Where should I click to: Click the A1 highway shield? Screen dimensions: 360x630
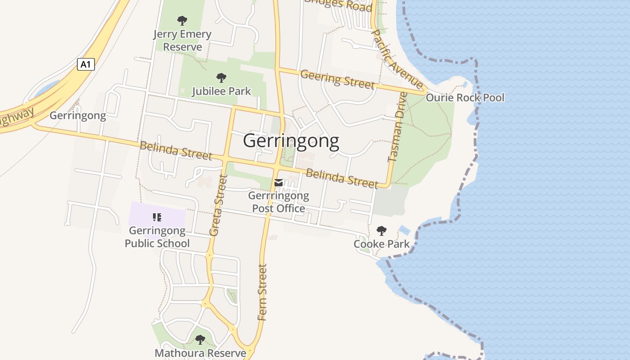click(x=85, y=64)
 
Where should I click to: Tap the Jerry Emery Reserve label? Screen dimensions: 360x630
click(x=182, y=40)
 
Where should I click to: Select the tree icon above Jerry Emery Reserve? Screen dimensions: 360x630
click(x=182, y=20)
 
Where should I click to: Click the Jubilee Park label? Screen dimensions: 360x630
click(x=221, y=91)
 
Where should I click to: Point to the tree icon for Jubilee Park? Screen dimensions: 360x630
click(x=221, y=78)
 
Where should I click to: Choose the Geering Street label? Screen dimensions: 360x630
click(x=337, y=79)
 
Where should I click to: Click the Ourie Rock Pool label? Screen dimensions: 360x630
click(x=465, y=98)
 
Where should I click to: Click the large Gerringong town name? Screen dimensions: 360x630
click(x=291, y=141)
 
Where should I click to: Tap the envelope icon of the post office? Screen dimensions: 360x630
click(x=279, y=182)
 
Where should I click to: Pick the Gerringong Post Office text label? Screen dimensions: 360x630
click(x=279, y=202)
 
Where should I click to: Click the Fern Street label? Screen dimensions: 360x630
click(x=262, y=292)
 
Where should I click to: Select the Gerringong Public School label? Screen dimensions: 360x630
click(x=157, y=237)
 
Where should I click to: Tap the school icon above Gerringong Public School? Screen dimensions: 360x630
click(x=157, y=218)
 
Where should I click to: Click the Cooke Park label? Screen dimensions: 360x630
click(x=382, y=244)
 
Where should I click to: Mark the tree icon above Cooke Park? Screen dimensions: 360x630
click(x=382, y=231)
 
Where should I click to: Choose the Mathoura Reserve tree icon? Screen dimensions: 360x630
click(x=200, y=340)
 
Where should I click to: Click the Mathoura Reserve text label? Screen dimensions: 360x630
click(x=200, y=353)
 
